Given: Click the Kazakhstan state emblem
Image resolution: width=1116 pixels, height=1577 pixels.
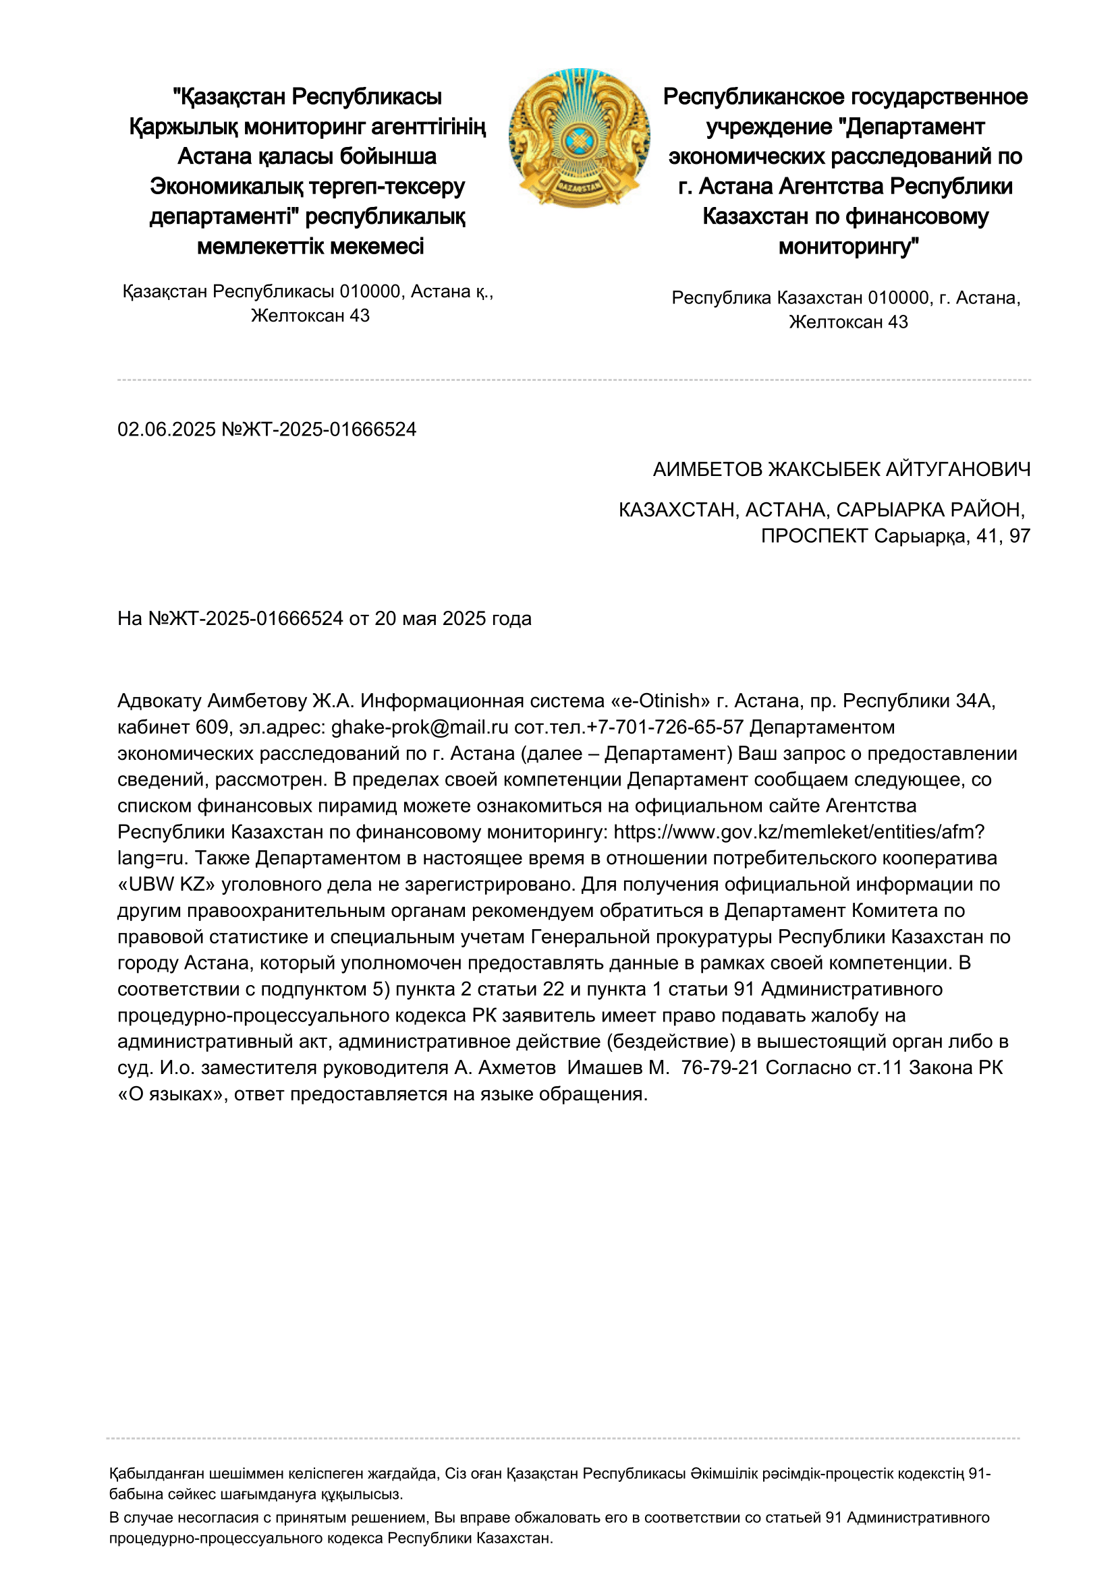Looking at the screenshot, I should (x=579, y=138).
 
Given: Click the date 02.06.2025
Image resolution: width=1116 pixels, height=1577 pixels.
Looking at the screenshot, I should (x=166, y=429).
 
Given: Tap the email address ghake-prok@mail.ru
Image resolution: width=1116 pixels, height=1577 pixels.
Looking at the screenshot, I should (x=420, y=727).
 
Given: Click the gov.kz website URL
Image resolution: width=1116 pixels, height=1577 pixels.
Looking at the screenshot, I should (x=799, y=832).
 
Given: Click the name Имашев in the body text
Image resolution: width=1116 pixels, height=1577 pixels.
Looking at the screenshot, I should (x=608, y=1067).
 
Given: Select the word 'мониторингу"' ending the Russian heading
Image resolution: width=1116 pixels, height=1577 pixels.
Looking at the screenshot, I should (x=849, y=246).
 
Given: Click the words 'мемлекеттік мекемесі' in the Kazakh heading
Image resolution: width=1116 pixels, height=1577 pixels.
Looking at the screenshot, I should (x=310, y=246).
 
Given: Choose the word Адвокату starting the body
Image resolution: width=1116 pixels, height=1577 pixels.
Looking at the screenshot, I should (x=159, y=701).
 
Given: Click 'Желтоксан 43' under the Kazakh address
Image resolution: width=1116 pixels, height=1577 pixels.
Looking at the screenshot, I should (x=310, y=316).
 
